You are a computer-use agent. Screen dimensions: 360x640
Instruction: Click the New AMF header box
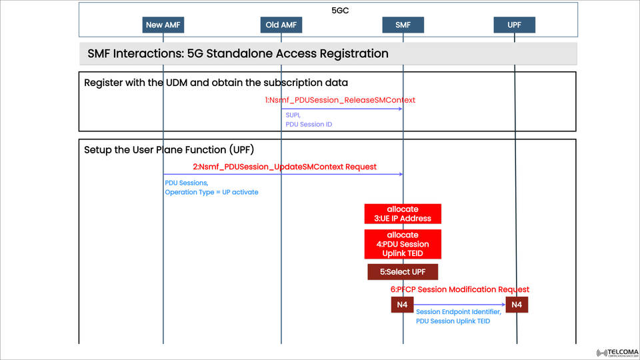(x=163, y=25)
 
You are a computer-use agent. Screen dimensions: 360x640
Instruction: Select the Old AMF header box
(x=281, y=25)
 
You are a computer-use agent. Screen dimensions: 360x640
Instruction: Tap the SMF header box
(x=403, y=25)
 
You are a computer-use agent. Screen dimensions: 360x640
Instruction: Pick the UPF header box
(x=515, y=25)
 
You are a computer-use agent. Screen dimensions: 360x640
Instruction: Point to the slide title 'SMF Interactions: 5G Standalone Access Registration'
(x=238, y=53)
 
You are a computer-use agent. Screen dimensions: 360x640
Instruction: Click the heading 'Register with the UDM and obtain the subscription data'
(x=216, y=83)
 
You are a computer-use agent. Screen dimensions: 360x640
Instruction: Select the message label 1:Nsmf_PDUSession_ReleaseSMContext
(x=340, y=100)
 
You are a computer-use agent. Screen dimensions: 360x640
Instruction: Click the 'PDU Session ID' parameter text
(x=309, y=124)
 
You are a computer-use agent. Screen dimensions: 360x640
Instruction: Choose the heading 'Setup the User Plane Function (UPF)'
(x=169, y=149)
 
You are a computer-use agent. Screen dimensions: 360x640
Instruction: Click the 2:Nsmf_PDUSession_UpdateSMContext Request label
(x=285, y=166)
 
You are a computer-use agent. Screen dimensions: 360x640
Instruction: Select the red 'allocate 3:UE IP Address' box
(x=403, y=213)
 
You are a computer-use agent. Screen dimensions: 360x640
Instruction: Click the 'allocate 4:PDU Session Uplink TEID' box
(x=403, y=244)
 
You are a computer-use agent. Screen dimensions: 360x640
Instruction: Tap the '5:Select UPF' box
(x=403, y=272)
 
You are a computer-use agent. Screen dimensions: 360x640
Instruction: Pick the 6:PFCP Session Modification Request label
(x=460, y=289)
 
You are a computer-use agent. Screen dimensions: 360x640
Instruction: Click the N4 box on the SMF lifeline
(x=403, y=305)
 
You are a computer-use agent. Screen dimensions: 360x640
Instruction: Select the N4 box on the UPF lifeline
(x=517, y=305)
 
